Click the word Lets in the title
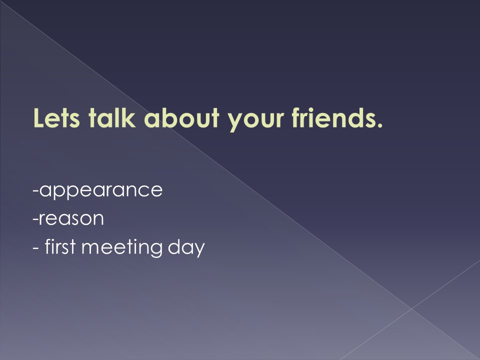[56, 117]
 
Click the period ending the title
[379, 124]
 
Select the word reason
[71, 218]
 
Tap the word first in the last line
[60, 246]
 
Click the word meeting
[122, 247]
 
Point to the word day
[186, 247]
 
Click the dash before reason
[35, 219]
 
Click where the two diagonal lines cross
[411, 309]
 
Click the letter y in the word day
[199, 250]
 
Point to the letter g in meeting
[156, 250]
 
